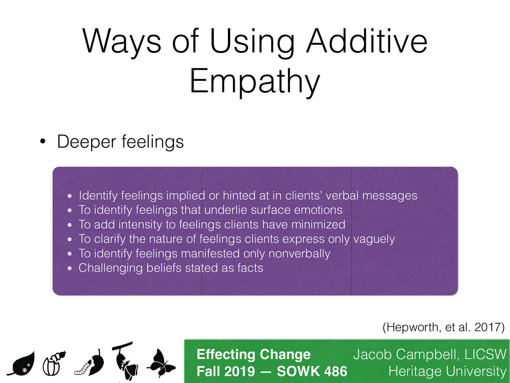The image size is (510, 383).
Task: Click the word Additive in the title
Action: tap(367, 41)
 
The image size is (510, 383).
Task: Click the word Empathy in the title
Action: tap(255, 81)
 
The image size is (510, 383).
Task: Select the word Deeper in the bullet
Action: tap(86, 142)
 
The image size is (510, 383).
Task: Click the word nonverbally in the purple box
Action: tap(299, 253)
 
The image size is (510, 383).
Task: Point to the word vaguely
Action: tap(374, 239)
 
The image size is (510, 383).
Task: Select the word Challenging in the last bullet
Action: tap(110, 268)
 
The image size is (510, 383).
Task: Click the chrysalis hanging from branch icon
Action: tap(125, 361)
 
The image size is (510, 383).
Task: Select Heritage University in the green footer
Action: tap(447, 372)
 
